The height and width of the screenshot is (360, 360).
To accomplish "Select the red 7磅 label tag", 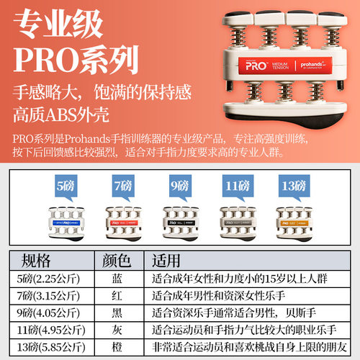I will [x=124, y=186].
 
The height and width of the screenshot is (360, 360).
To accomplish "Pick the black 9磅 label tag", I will [x=179, y=186].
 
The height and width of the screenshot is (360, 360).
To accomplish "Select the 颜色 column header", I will [x=117, y=260].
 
